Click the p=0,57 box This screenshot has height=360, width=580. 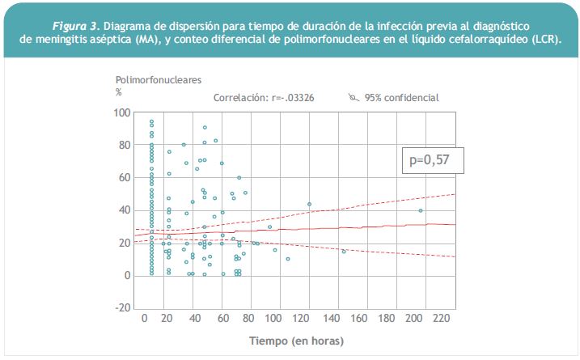click(x=433, y=160)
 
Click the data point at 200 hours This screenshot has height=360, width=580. click(x=421, y=210)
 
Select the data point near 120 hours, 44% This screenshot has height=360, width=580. click(x=309, y=204)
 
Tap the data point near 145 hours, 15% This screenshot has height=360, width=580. click(x=344, y=252)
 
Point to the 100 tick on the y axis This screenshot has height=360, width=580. click(x=122, y=112)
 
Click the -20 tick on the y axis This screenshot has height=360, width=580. click(x=122, y=308)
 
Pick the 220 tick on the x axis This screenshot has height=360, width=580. click(x=442, y=318)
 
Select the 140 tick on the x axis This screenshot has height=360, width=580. click(x=331, y=318)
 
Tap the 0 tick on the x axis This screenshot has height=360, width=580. click(x=145, y=318)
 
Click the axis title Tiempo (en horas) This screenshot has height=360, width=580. click(x=296, y=341)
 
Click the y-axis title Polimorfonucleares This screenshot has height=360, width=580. click(x=159, y=80)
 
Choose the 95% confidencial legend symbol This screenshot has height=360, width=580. click(x=354, y=97)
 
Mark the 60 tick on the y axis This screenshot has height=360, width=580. click(x=125, y=178)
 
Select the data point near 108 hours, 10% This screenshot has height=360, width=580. click(x=288, y=259)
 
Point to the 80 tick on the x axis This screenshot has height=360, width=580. click(x=248, y=318)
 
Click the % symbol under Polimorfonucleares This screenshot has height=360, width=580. click(x=119, y=92)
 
